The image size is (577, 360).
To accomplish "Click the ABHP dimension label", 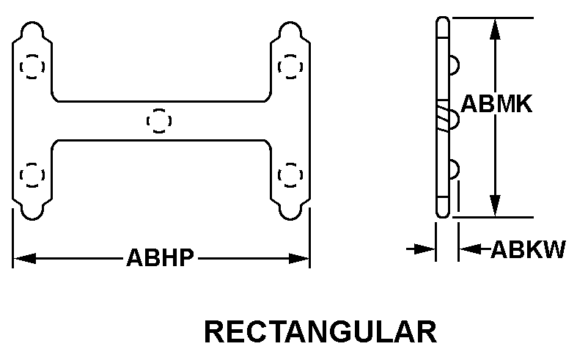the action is [160, 257].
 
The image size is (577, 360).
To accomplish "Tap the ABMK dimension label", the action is [496, 103].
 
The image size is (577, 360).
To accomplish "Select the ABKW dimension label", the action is [528, 249].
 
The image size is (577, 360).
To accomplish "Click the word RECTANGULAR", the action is [320, 332].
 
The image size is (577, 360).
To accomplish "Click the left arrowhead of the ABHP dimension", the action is [24, 258].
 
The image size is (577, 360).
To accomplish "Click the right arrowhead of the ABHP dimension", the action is [299, 258].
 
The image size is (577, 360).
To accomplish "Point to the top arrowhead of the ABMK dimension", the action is [496, 29].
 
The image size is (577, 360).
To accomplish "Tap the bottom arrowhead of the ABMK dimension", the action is [496, 206].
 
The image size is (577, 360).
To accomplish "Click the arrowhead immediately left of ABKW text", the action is [470, 249].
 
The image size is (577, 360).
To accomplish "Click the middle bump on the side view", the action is [454, 120].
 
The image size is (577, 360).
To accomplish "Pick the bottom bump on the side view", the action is [454, 170].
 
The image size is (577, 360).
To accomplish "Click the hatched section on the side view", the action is [443, 118].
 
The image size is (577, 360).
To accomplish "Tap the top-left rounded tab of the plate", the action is [32, 32].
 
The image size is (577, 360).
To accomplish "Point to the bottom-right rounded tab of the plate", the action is [290, 210].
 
